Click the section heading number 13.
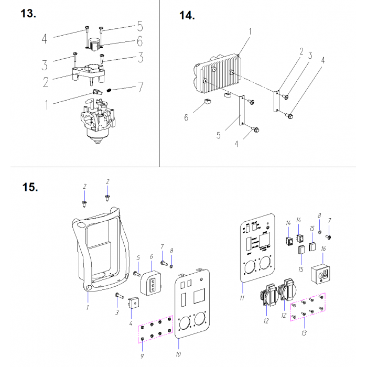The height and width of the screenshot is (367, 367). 28,14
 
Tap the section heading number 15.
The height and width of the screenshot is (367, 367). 30,187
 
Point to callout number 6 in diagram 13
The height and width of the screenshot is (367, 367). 140,40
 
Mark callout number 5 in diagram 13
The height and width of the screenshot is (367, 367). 139,25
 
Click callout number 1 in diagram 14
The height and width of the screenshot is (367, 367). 250,32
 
